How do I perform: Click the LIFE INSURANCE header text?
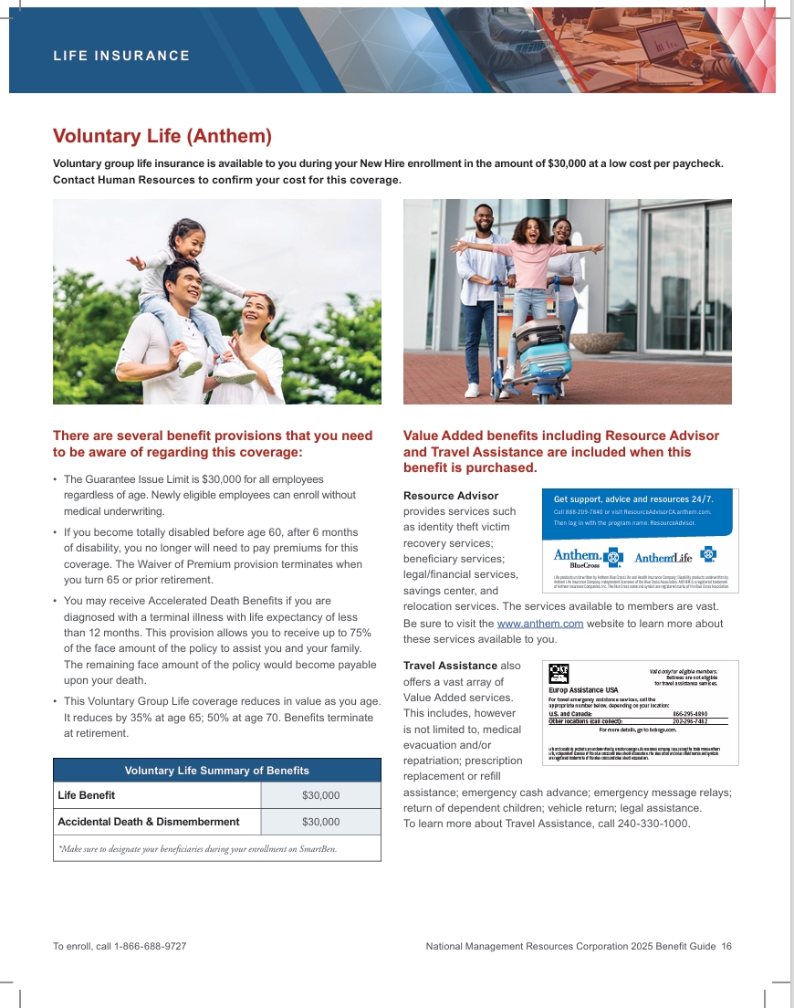coord(121,56)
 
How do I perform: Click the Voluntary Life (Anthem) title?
coord(162,136)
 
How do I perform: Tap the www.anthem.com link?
coord(539,624)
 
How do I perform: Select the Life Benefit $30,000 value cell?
coord(320,795)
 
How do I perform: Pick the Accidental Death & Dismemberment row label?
coord(148,822)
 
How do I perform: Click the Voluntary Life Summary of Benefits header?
coord(216,771)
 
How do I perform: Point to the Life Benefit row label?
coord(86,795)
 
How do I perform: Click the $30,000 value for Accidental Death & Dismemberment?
coord(320,822)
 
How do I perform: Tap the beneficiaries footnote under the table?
coord(197,849)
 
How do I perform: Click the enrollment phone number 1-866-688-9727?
coord(151,947)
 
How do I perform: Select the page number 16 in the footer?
coord(726,947)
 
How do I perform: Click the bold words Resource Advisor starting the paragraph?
coord(451,496)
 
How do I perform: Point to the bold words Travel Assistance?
coord(450,666)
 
